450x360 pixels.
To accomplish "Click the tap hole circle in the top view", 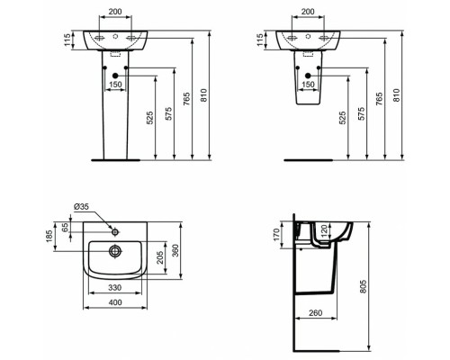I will tap(114, 223).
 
